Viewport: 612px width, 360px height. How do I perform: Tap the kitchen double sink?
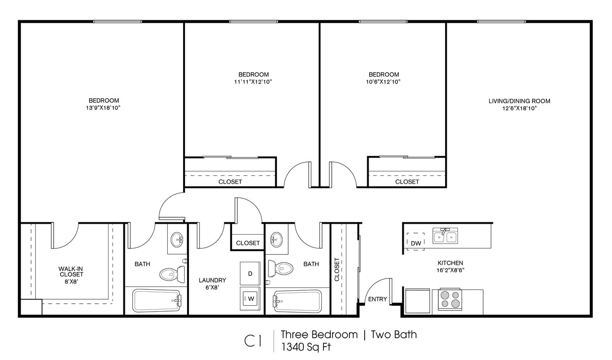tap(445, 237)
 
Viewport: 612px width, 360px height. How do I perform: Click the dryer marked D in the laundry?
tap(250, 273)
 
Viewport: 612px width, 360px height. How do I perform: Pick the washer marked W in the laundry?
tap(250, 298)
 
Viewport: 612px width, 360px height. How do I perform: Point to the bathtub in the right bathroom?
tap(298, 301)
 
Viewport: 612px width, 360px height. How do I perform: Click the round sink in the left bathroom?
tap(177, 240)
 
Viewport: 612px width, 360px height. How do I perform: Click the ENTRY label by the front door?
tap(378, 299)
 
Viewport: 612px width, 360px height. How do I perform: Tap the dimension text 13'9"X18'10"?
tap(104, 108)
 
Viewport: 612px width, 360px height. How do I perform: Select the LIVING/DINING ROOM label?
tap(519, 101)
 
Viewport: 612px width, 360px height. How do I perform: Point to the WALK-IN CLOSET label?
tap(72, 272)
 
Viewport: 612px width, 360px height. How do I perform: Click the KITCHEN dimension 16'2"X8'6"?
tap(450, 270)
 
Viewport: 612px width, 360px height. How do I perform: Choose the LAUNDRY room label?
tap(212, 280)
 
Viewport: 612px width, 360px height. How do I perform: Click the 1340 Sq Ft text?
tap(306, 347)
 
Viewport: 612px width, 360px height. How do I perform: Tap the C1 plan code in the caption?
tap(253, 341)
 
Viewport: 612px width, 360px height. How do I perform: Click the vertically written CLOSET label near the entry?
tap(337, 269)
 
